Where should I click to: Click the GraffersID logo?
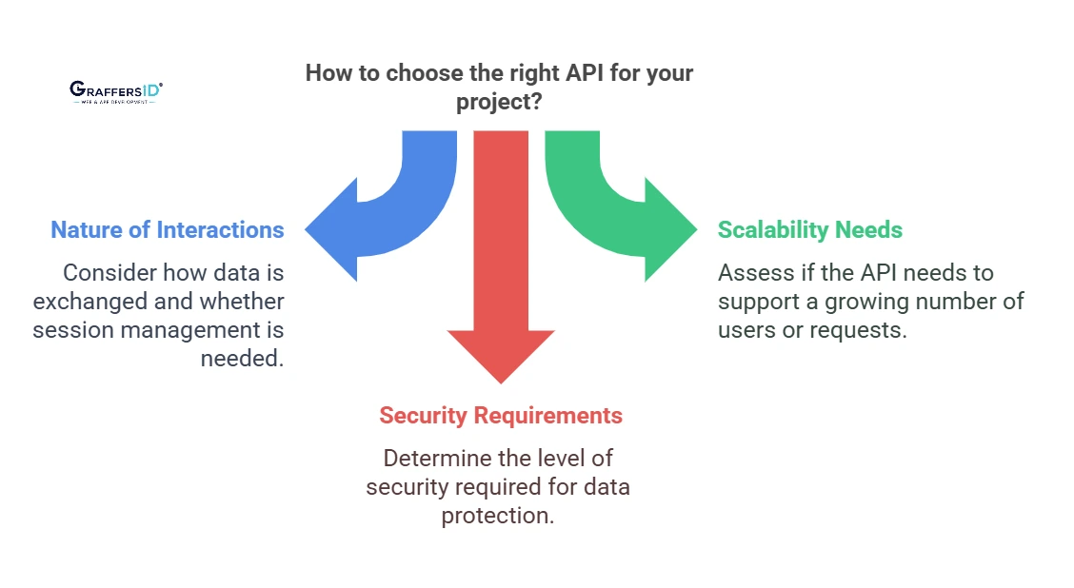115,91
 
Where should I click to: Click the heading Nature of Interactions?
167,230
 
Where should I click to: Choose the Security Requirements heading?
501,416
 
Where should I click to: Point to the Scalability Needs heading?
809,230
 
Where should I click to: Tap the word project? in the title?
500,102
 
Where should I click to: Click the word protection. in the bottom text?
498,516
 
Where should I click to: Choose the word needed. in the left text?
242,359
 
